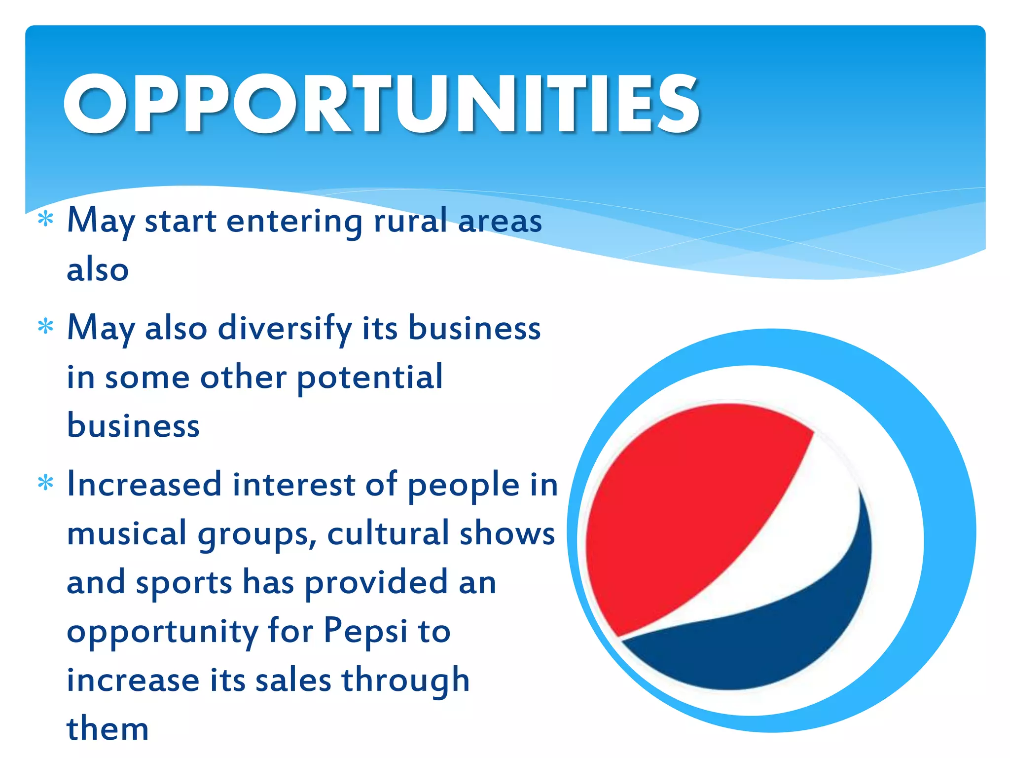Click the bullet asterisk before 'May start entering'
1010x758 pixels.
pyautogui.click(x=45, y=218)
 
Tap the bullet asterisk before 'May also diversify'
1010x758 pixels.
pyautogui.click(x=45, y=326)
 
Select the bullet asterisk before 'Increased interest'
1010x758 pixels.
pyautogui.click(x=45, y=483)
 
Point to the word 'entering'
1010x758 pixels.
pyautogui.click(x=294, y=221)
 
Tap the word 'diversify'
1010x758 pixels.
pyautogui.click(x=285, y=328)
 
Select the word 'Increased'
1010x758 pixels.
pyautogui.click(x=144, y=484)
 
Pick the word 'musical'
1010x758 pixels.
pyautogui.click(x=127, y=533)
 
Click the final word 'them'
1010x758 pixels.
pyautogui.click(x=108, y=729)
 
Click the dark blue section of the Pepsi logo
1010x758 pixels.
pyautogui.click(x=769, y=642)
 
